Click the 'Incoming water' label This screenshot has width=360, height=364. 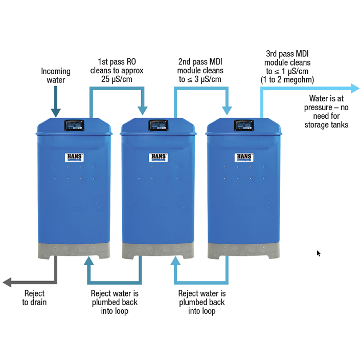point(56,76)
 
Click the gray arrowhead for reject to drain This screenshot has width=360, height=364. point(7,282)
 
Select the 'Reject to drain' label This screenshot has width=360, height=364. point(34,298)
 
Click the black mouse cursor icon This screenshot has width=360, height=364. point(319,253)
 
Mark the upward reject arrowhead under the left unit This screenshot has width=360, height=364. point(89,261)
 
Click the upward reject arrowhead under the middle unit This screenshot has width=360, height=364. point(175,261)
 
